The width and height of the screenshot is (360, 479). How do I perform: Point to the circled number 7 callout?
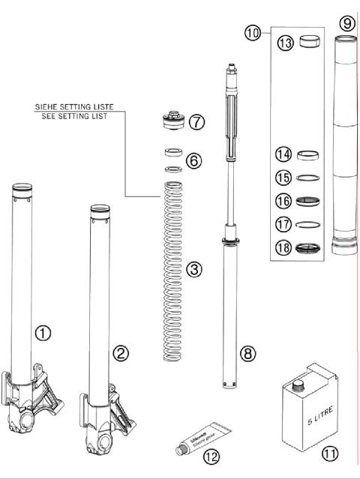coord(196,121)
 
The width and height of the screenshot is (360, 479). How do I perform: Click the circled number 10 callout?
coord(252,32)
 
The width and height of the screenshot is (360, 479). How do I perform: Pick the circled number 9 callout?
coord(346,23)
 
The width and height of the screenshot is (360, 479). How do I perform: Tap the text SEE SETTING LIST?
coord(73,116)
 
